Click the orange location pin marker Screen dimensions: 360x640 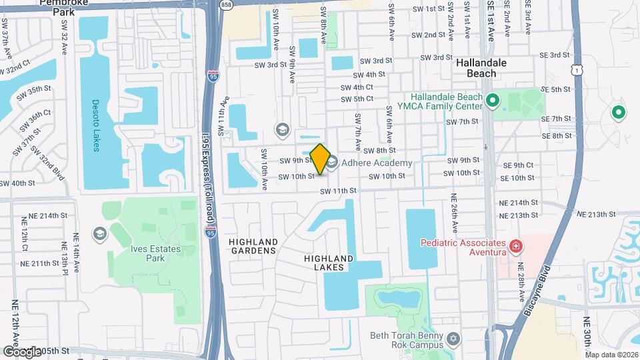pos(320,159)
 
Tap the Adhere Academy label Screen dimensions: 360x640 pos(377,163)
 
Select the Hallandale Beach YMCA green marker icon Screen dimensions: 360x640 pos(493,101)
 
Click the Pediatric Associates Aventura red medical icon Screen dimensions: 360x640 pos(515,247)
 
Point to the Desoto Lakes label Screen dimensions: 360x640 pos(95,125)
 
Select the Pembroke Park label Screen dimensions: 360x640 pos(65,7)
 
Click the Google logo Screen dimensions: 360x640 pos(21,351)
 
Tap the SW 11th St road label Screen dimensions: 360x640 pos(339,191)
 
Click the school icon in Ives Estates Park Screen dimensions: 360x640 pos(99,233)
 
